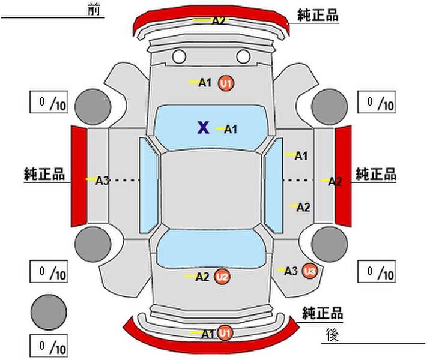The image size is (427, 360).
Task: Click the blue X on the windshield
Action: pos(204,128)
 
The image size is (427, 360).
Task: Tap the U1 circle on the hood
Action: pos(226,83)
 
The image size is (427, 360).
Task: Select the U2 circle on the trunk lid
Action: pos(222,277)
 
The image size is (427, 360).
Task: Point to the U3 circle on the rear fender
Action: pos(310,271)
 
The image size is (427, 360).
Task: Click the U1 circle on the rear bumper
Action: pos(225,333)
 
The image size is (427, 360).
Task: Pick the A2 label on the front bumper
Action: pos(219,20)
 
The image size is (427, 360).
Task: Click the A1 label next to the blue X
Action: pos(231,129)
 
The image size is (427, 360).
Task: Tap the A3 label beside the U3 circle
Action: pos(291,271)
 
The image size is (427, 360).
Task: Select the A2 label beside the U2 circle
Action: pos(202,277)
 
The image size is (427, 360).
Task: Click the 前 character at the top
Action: pos(94,9)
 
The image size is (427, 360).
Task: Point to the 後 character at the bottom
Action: pos(332,335)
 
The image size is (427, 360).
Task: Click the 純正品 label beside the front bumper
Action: pos(318,15)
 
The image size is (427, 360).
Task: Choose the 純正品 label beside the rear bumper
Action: pos(323,313)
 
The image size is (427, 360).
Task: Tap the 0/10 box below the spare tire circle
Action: pos(49,346)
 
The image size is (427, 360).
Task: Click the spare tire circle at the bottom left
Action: pos(49,312)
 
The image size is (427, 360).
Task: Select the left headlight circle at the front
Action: pos(179,56)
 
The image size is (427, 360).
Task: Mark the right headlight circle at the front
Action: pos(243,56)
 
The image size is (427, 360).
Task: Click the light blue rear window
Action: pos(211,248)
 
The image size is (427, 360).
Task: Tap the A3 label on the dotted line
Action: pos(102,181)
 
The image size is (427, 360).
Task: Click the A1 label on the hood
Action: pos(205,82)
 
